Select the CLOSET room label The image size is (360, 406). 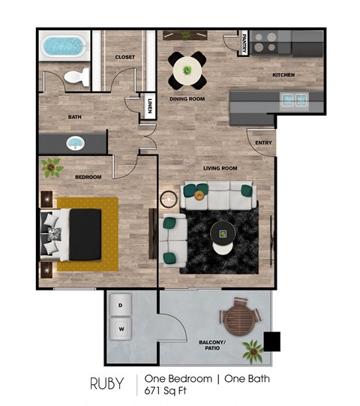pos(124,57)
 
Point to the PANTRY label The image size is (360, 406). pos(244,46)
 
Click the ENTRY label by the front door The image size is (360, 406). pos(263,143)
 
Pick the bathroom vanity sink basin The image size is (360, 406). pos(75,142)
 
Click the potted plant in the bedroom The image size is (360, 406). pos(52,167)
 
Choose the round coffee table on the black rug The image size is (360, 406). pos(222,233)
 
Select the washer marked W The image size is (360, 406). pos(120,328)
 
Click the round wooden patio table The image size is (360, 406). pos(238,318)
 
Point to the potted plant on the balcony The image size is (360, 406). pos(252,349)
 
